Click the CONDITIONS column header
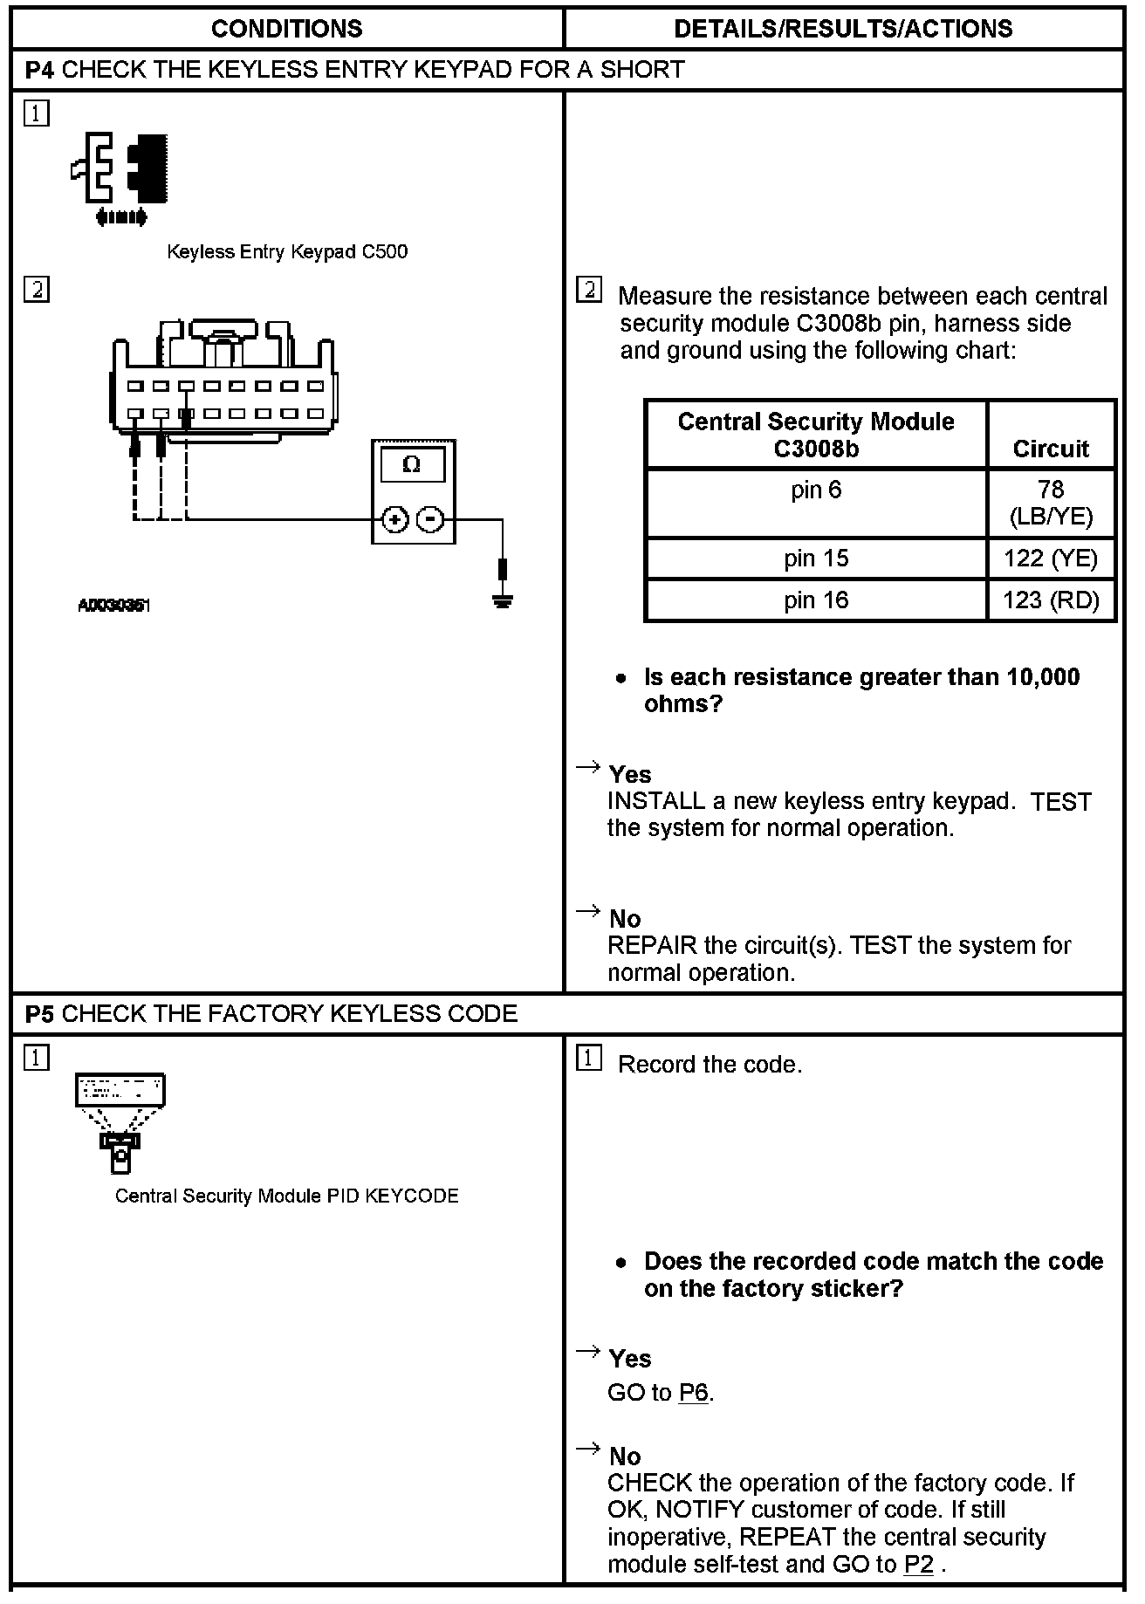(x=286, y=29)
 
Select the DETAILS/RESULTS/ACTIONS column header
(x=843, y=29)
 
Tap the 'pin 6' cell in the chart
(x=816, y=490)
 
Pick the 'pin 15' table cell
(x=816, y=559)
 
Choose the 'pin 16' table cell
(x=816, y=600)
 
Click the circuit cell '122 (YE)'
(x=1051, y=559)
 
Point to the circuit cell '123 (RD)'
(x=1051, y=600)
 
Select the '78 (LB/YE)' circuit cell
(x=1051, y=503)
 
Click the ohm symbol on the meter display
(x=412, y=465)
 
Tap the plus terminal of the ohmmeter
(x=395, y=520)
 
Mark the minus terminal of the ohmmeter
(x=429, y=520)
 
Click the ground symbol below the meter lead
(x=502, y=600)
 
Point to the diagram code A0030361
(x=114, y=605)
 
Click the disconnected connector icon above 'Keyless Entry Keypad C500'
(x=120, y=178)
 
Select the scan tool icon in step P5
(x=120, y=1122)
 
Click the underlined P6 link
(x=693, y=1393)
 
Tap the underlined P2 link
(x=918, y=1565)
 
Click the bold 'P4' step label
(x=40, y=70)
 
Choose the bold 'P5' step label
(x=40, y=1013)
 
